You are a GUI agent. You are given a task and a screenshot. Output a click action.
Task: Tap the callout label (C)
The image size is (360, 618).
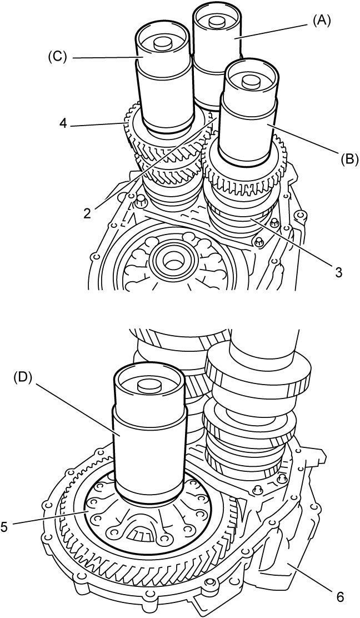click(58, 58)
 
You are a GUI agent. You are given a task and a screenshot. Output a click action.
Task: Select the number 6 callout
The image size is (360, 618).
click(341, 597)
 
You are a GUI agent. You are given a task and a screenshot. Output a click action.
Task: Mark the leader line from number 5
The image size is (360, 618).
click(49, 519)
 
